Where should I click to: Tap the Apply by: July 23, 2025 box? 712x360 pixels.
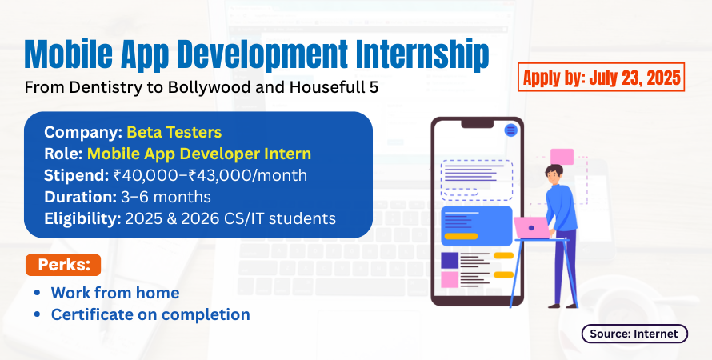pyautogui.click(x=602, y=78)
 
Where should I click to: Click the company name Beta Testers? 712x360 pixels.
pyautogui.click(x=174, y=132)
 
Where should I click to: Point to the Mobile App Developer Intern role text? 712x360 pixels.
pyautogui.click(x=199, y=154)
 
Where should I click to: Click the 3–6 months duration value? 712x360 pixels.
pyautogui.click(x=166, y=197)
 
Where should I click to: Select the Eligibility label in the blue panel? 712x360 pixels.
pyautogui.click(x=82, y=219)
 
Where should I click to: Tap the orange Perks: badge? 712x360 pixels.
pyautogui.click(x=63, y=265)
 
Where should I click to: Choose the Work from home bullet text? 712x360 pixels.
pyautogui.click(x=115, y=293)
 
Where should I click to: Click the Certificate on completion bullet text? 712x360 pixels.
pyautogui.click(x=150, y=314)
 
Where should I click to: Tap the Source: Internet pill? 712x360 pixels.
pyautogui.click(x=634, y=334)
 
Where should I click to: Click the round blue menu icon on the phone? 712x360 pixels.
pyautogui.click(x=511, y=130)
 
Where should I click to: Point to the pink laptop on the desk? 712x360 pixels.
pyautogui.click(x=532, y=228)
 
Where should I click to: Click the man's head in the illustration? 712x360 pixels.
pyautogui.click(x=554, y=174)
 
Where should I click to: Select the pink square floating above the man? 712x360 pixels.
pyautogui.click(x=562, y=157)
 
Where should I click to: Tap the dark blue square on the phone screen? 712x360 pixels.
pyautogui.click(x=450, y=260)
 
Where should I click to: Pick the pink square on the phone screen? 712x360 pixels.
pyautogui.click(x=450, y=280)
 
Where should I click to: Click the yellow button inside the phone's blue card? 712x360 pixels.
pyautogui.click(x=461, y=236)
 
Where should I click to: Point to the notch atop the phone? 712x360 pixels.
pyautogui.click(x=478, y=124)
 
